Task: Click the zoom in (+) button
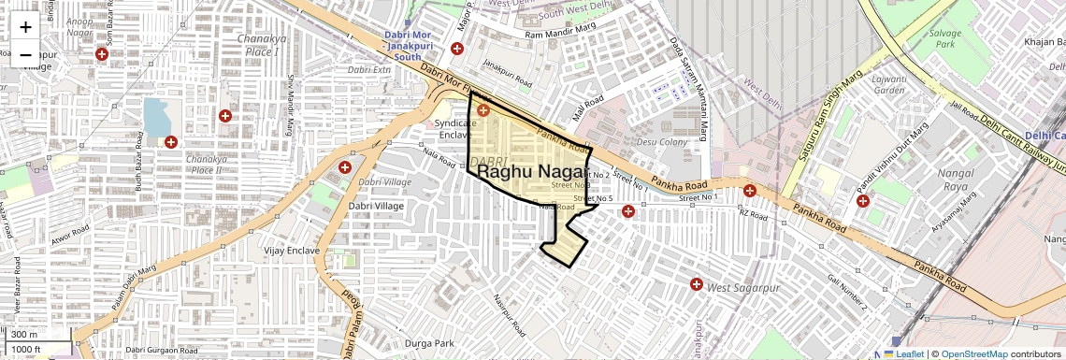25,26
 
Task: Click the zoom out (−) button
25,54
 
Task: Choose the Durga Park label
429,343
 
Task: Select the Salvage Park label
944,38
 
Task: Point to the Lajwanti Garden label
889,85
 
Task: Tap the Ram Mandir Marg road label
561,35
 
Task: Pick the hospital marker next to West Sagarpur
697,284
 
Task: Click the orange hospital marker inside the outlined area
483,110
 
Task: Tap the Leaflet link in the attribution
903,354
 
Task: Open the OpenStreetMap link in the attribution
973,354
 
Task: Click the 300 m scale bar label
25,335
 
